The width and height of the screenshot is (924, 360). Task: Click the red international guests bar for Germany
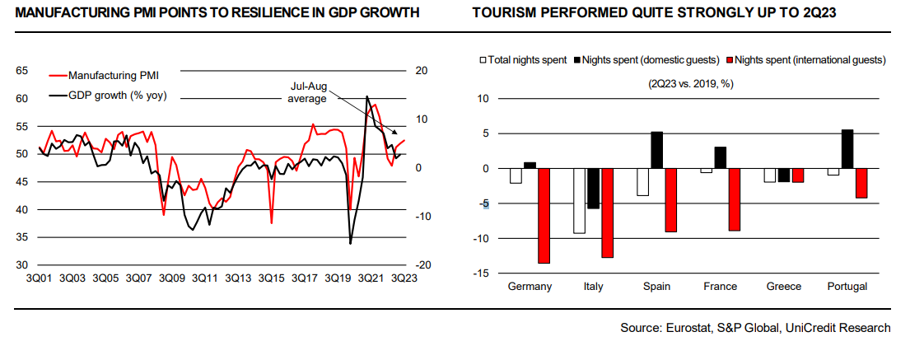544,216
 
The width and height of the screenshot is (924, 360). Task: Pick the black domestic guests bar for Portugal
848,149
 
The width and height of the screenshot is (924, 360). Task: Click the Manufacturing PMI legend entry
108,75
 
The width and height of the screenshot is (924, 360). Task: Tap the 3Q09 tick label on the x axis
175,278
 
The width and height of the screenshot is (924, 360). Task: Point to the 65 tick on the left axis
23,71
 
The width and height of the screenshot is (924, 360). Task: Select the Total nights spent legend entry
526,59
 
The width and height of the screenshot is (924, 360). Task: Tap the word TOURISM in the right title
502,13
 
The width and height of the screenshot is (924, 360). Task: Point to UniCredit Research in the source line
838,328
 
